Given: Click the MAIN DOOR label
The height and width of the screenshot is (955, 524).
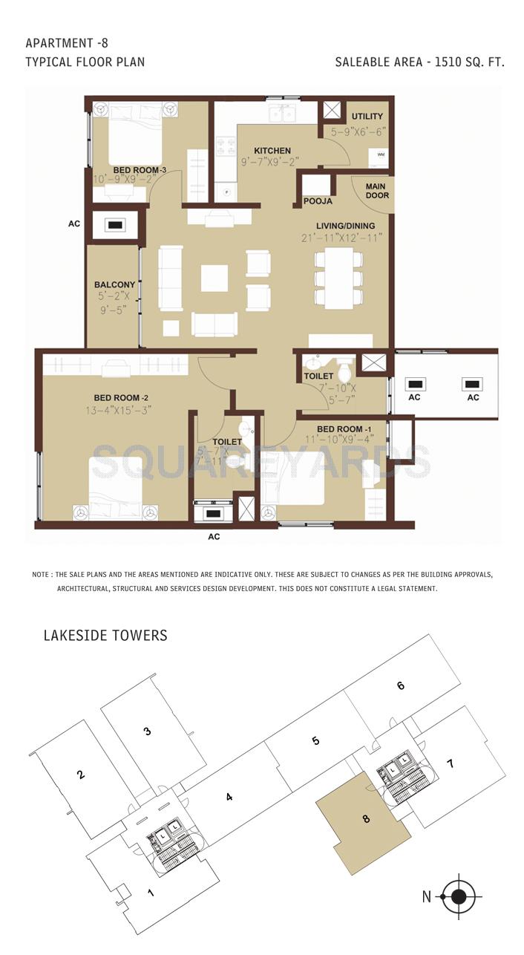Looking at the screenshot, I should click(x=377, y=191).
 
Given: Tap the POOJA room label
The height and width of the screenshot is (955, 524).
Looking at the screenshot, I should click(x=318, y=201).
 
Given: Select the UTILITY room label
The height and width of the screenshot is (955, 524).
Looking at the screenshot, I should click(x=367, y=116).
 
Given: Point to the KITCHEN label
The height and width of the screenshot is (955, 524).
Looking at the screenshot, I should click(x=272, y=151).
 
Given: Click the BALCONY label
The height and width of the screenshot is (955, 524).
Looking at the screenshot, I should click(x=114, y=284).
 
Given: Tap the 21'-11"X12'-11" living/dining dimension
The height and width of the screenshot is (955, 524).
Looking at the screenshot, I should click(x=342, y=238).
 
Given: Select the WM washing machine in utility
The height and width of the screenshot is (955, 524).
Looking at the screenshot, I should click(x=381, y=154).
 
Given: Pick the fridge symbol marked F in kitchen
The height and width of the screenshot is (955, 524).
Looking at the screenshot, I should click(x=227, y=192).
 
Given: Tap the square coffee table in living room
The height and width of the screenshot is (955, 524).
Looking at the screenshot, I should click(x=214, y=278).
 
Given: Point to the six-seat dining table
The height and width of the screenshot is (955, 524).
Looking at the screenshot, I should click(x=338, y=278).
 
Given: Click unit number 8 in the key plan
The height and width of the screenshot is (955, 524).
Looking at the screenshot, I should click(x=366, y=819).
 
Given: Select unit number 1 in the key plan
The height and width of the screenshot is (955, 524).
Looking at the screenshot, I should click(x=151, y=892).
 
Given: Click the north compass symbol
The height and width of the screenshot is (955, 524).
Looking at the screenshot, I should click(x=459, y=896).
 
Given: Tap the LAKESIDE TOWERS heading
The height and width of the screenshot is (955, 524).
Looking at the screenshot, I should click(x=105, y=636).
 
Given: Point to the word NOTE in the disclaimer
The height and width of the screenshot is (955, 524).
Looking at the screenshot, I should click(x=41, y=575).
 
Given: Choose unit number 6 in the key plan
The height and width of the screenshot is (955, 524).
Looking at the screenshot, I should click(x=401, y=685).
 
